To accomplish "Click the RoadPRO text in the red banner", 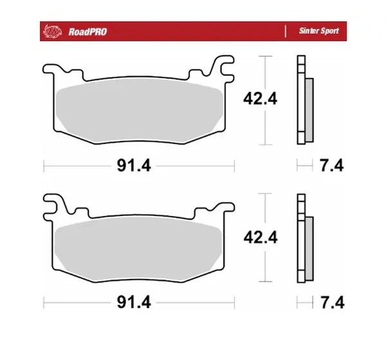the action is point(87,32).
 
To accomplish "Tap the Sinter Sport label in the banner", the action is point(319,31).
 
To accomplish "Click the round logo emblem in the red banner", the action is point(52,32).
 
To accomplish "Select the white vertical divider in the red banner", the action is point(285,32).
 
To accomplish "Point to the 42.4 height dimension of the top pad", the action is point(260,99).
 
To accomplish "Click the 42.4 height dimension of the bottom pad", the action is point(261,237).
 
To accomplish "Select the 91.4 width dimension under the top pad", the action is point(134,165).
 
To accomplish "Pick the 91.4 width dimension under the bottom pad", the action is point(134,302).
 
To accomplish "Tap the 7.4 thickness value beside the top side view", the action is point(331,165).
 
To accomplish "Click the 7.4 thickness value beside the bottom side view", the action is point(332,302).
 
